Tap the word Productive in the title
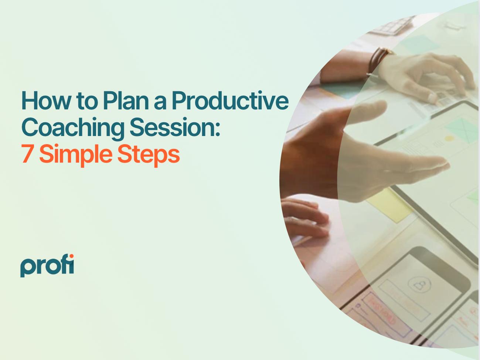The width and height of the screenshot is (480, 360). click(x=229, y=100)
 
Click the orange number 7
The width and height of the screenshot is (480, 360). click(x=27, y=154)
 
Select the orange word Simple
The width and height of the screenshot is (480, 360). click(x=76, y=154)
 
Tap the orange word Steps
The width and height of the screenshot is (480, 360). click(x=148, y=154)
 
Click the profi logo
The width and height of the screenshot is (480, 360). click(x=47, y=265)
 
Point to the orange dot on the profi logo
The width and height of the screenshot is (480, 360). click(x=71, y=257)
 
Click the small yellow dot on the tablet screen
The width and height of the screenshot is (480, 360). click(x=449, y=139)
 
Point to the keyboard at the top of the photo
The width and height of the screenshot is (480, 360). click(x=392, y=24)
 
